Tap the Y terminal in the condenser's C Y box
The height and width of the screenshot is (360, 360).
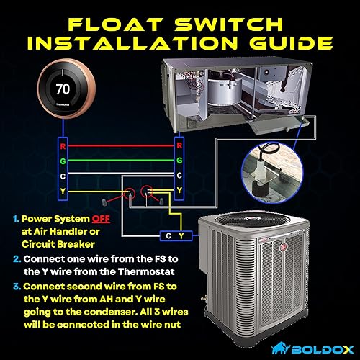tap(183, 235)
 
